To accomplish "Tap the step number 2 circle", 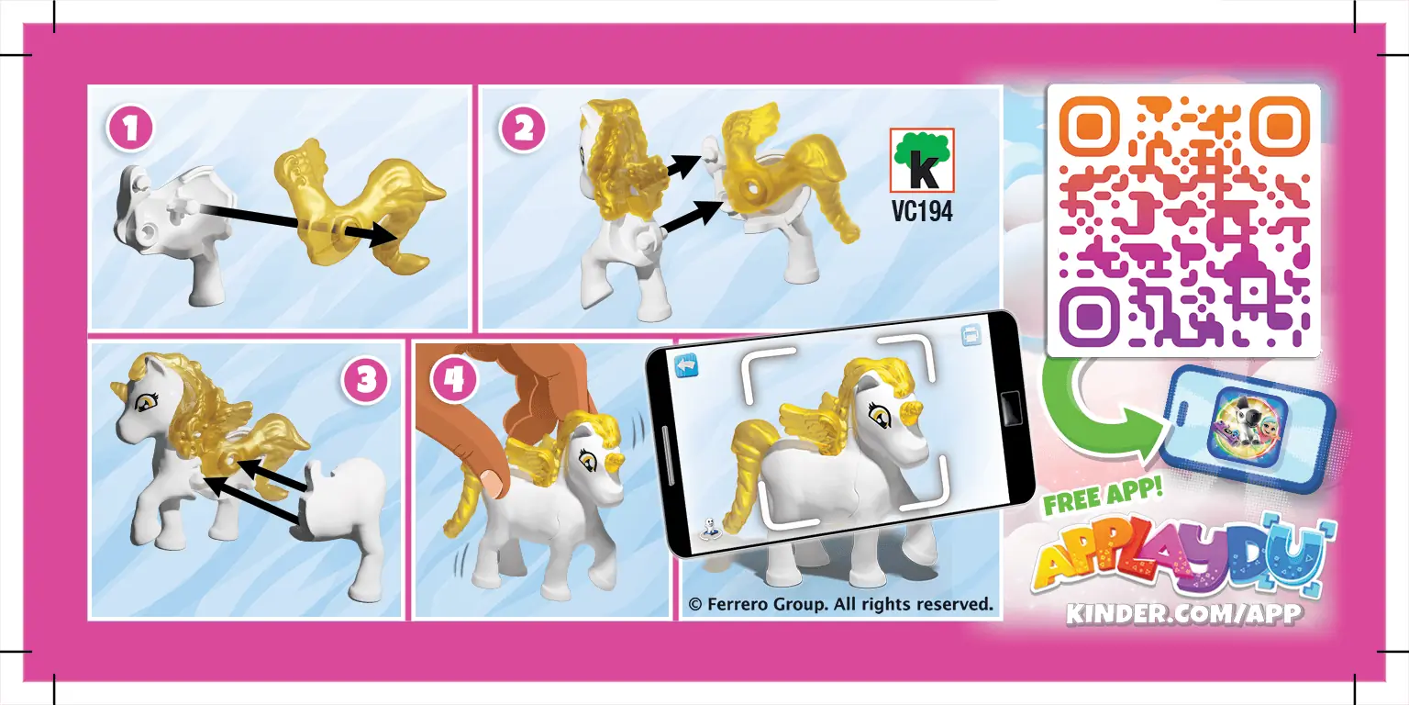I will [523, 129].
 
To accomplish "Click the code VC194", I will [921, 212].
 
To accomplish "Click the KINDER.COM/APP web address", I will [1183, 614].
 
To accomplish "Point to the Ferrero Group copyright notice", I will [840, 604].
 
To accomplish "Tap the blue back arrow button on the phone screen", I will [687, 365].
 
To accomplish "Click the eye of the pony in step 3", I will [144, 401].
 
